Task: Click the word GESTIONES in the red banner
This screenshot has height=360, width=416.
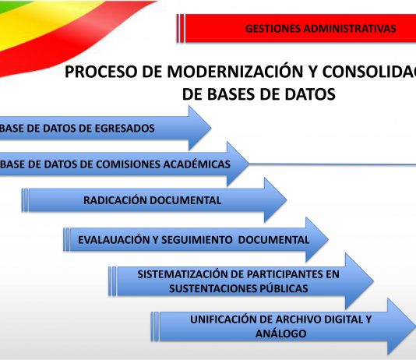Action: tap(273, 29)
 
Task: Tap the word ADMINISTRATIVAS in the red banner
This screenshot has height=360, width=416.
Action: tap(350, 29)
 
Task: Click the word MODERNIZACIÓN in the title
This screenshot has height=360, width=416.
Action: tap(235, 72)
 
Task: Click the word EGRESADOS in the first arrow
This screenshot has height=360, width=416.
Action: tap(125, 129)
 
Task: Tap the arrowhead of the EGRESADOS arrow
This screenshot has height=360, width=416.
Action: tap(199, 128)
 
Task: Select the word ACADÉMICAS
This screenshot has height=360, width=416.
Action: tap(196, 164)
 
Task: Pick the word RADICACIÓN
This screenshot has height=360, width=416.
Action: tap(116, 200)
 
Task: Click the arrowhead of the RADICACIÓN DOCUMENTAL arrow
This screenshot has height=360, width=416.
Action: tap(276, 200)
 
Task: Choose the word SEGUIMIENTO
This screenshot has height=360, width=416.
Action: tap(197, 240)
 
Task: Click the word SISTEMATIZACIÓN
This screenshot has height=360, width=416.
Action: tap(182, 274)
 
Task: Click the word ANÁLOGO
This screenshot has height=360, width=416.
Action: tap(280, 334)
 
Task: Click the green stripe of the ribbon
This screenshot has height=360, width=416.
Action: tap(12, 6)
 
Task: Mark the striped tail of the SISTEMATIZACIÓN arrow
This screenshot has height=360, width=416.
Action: tap(112, 281)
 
